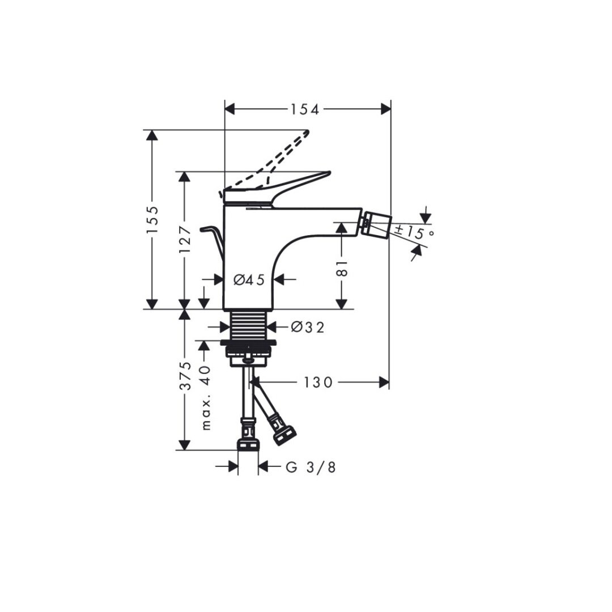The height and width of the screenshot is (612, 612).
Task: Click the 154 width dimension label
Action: click(x=304, y=110)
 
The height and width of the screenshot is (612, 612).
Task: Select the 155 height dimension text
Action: click(x=153, y=220)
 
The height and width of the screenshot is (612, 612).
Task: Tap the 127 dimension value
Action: click(x=185, y=239)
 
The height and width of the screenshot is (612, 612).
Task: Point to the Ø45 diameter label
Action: click(x=249, y=279)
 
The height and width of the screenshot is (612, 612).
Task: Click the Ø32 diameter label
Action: click(x=308, y=327)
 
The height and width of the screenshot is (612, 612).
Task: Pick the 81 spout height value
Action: click(x=342, y=268)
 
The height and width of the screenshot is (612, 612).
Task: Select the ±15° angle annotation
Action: click(x=414, y=231)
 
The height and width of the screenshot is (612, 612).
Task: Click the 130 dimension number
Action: click(x=318, y=382)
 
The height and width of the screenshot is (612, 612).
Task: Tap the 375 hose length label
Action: click(x=185, y=376)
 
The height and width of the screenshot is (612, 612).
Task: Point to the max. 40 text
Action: click(x=206, y=398)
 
